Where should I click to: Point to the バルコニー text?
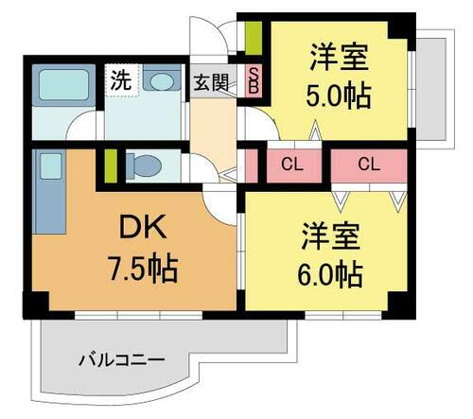point(121,360)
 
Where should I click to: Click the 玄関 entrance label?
point(211,81)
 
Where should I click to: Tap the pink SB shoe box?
point(254,80)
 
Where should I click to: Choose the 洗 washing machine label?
point(120,80)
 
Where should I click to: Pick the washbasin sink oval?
point(164,82)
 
